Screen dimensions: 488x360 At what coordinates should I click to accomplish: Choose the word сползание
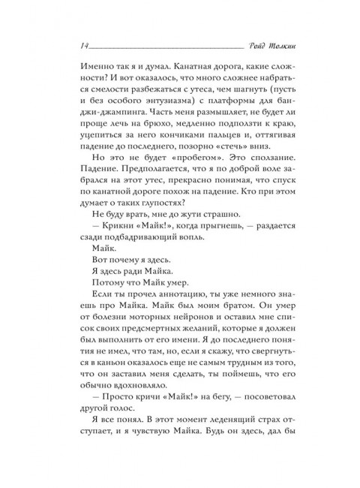[x=261, y=183]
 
